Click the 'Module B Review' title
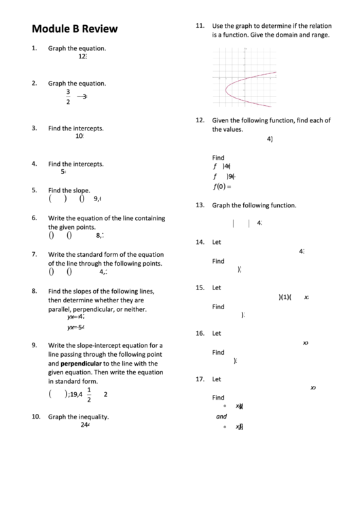click(x=74, y=29)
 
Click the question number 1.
click(x=34, y=49)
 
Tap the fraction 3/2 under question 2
click(x=68, y=97)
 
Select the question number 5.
click(x=34, y=191)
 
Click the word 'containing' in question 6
click(x=148, y=219)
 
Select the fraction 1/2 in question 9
click(x=89, y=395)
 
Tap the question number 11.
click(x=200, y=25)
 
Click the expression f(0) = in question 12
click(x=222, y=187)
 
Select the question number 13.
click(x=200, y=205)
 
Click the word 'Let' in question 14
click(x=217, y=242)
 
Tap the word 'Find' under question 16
click(x=218, y=353)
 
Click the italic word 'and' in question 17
click(x=221, y=417)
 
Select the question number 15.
click(x=200, y=287)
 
